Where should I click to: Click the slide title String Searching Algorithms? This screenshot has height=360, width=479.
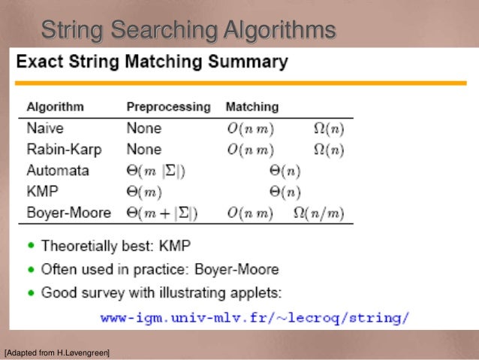(x=188, y=31)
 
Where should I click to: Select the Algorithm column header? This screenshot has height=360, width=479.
(x=55, y=107)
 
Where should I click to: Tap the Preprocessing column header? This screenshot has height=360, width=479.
(x=168, y=107)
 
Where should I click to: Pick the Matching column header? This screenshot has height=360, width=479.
(x=252, y=107)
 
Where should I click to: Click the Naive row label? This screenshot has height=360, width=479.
(x=45, y=128)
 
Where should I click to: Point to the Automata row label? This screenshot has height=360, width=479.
(x=57, y=170)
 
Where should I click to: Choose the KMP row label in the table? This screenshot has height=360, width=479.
(x=43, y=191)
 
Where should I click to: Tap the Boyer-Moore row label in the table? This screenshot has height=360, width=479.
(x=68, y=213)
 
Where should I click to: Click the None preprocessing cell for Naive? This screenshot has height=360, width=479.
(x=144, y=128)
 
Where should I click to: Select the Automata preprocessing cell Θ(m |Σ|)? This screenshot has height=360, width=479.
(x=156, y=171)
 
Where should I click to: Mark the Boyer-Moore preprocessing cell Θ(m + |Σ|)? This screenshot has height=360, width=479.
(x=162, y=213)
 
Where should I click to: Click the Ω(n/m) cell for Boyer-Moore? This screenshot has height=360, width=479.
(x=318, y=213)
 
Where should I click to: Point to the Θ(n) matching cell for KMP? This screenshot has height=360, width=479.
(x=285, y=192)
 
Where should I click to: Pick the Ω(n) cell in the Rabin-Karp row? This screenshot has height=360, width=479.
(x=329, y=150)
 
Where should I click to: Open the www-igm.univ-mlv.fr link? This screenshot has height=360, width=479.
(x=255, y=317)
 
